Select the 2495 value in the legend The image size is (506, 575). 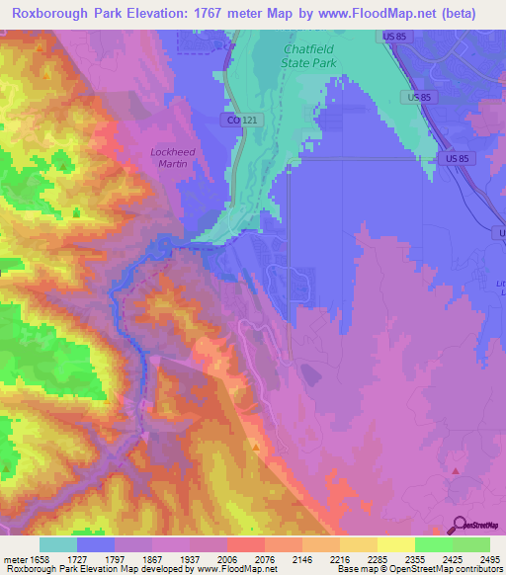click(490, 560)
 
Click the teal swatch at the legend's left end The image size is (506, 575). click(58, 544)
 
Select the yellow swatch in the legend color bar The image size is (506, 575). click(395, 544)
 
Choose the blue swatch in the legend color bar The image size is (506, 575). click(96, 544)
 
